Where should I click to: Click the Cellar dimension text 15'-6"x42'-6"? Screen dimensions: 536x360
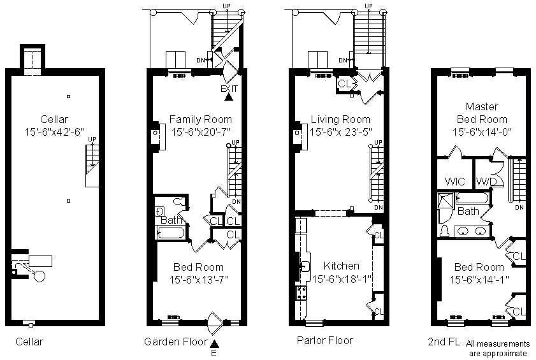(54, 132)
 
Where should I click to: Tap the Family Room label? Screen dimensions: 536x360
(201, 119)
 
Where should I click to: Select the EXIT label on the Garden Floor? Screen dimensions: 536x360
(229, 89)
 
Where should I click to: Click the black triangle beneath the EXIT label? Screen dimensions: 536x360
(229, 97)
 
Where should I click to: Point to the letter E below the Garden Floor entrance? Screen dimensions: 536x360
(214, 353)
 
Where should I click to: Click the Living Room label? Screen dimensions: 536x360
(340, 119)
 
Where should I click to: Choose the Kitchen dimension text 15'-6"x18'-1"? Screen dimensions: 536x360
(342, 279)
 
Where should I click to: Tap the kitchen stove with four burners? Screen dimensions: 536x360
(301, 293)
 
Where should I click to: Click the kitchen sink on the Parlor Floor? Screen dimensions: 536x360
(305, 266)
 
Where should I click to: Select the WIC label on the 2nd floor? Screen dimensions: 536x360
(455, 181)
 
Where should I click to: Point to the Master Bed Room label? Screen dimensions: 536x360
(482, 113)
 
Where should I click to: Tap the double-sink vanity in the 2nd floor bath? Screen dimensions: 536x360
(472, 231)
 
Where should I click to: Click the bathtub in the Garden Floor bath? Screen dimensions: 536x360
(171, 233)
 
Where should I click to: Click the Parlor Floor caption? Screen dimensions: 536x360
(325, 340)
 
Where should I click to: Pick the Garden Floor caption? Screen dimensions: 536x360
(176, 342)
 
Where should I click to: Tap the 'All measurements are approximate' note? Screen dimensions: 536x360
(498, 349)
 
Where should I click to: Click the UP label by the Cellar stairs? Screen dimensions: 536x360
(92, 139)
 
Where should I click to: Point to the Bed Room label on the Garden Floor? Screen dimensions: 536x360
(199, 267)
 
